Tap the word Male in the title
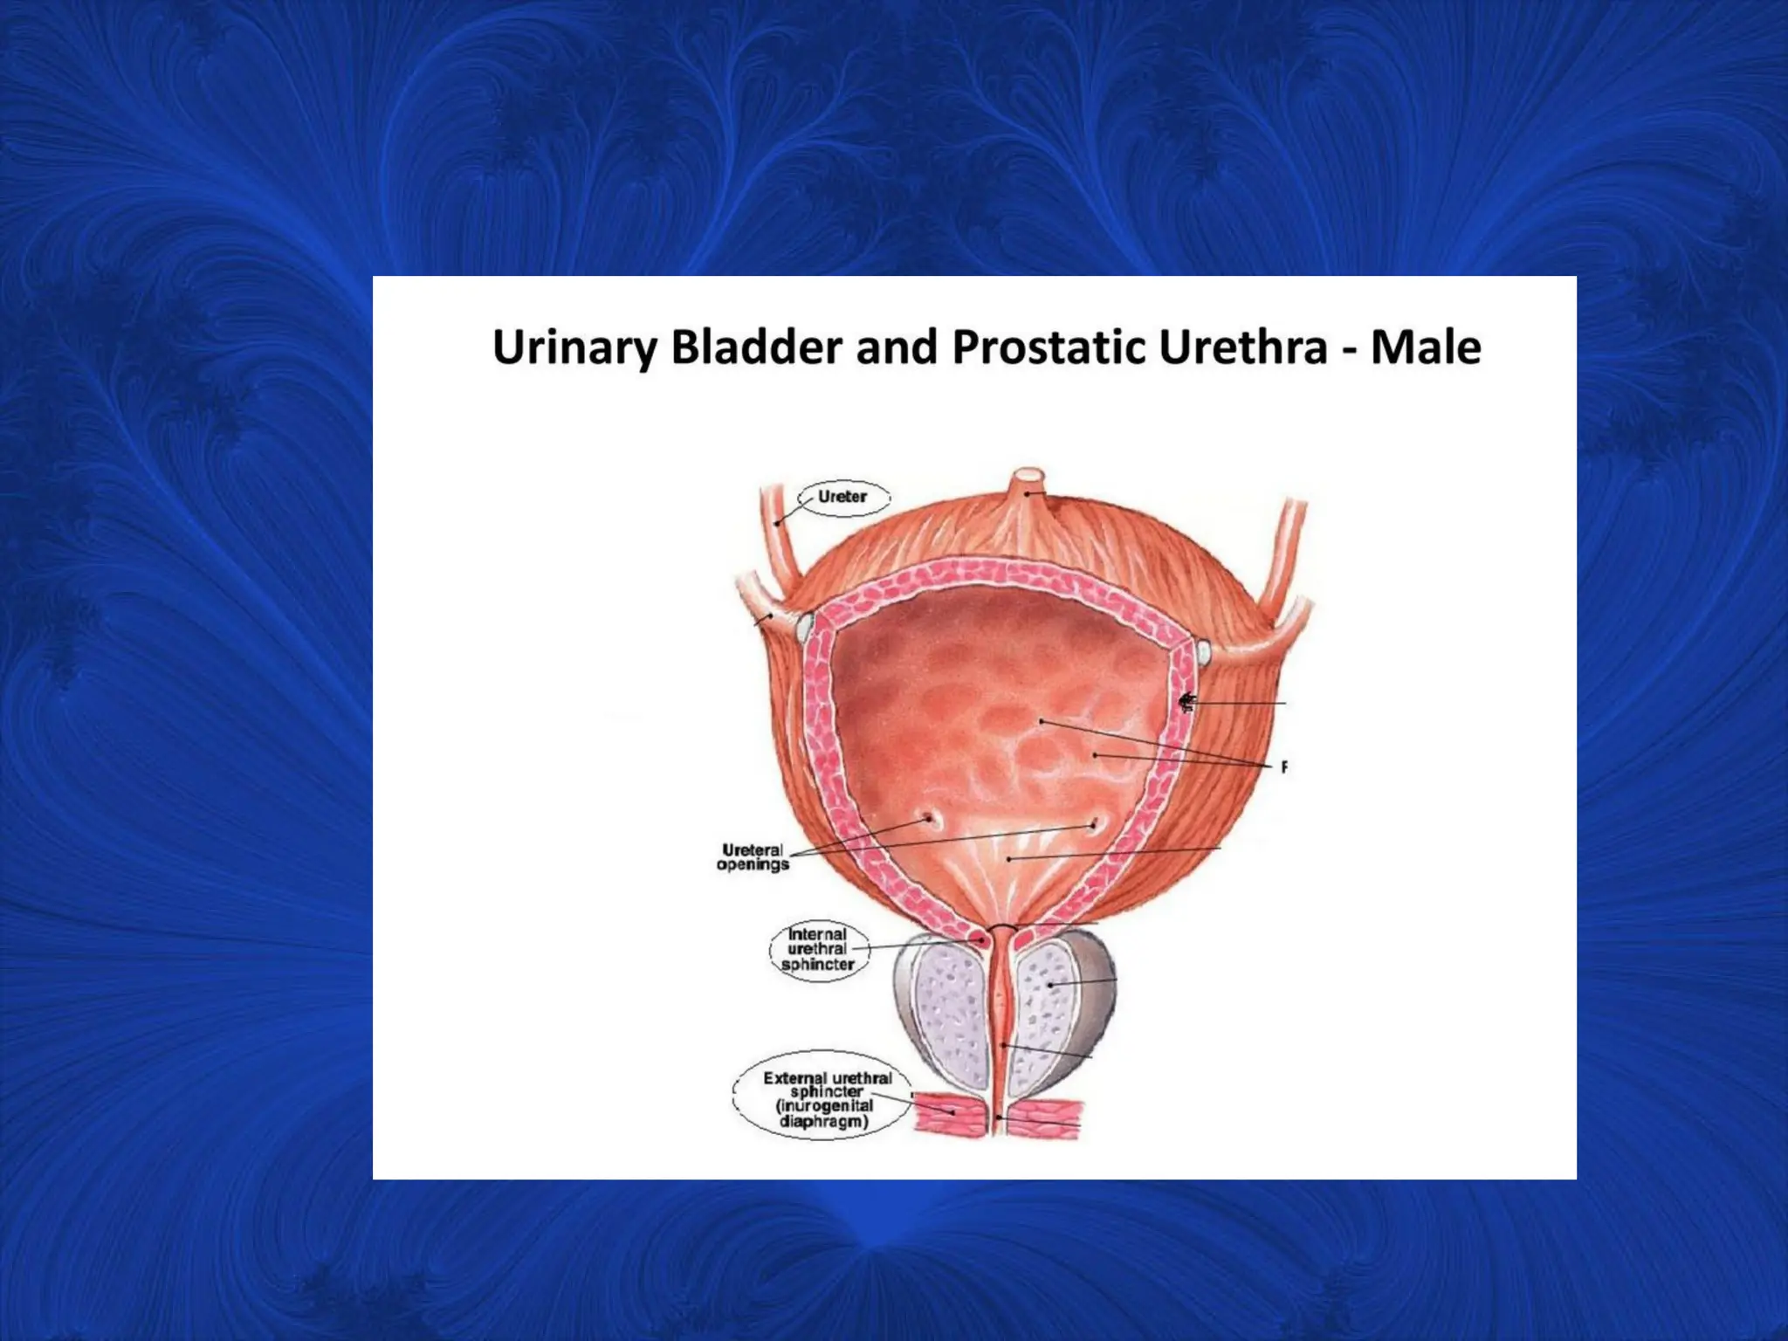click(1425, 347)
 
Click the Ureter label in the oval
click(842, 497)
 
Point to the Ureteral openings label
click(753, 857)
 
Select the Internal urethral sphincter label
click(817, 949)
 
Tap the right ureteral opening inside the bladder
click(1095, 824)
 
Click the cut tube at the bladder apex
click(1028, 479)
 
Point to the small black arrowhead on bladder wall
click(1185, 702)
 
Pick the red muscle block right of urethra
click(1045, 1117)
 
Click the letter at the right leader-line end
click(1284, 767)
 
